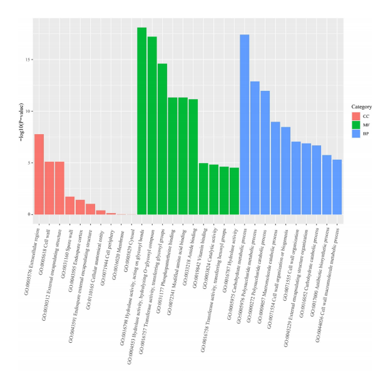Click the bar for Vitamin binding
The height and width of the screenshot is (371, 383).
click(x=203, y=189)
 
